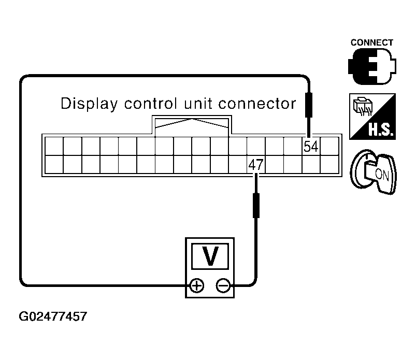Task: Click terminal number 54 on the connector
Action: (x=311, y=147)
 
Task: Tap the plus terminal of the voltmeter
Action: (x=196, y=285)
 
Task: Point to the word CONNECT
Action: (x=371, y=42)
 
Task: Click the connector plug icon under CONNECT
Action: (x=371, y=67)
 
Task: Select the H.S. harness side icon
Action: (x=372, y=116)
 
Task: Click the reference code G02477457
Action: (x=53, y=316)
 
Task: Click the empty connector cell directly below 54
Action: (x=311, y=164)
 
